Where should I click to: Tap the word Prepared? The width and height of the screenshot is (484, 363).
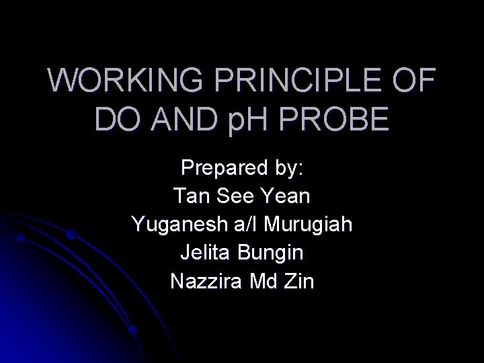(219, 169)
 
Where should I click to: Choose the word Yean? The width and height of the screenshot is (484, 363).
(287, 197)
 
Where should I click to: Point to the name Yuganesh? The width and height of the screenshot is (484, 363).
(173, 225)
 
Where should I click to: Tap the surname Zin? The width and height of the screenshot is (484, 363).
(298, 281)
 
